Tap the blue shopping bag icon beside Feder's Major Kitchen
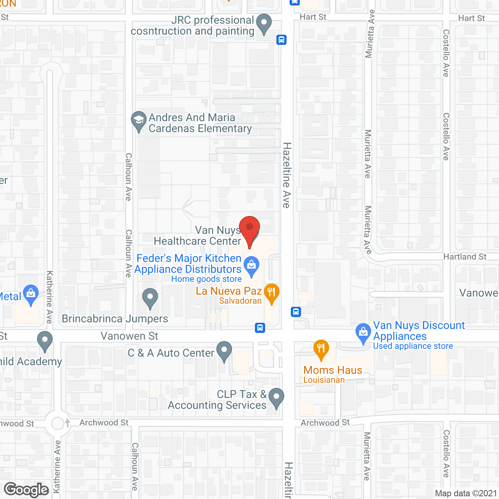[251, 265]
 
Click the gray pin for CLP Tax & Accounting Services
[276, 397]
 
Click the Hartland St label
[465, 257]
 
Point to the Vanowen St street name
[129, 336]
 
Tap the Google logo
[26, 490]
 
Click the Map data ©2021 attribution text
[466, 494]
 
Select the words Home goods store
[206, 279]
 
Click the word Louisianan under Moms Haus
[324, 380]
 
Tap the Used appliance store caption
[413, 346]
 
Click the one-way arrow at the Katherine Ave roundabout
[67, 423]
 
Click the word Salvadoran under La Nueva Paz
[240, 301]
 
